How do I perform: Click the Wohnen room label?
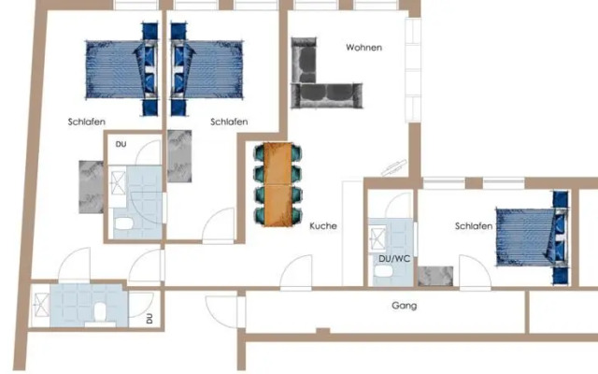point(363,48)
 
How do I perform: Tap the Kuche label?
point(323,226)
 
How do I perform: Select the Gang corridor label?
point(404,306)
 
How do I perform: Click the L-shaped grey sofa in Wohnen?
point(320,79)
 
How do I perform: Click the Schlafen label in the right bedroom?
point(474,226)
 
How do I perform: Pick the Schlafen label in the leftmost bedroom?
point(86,122)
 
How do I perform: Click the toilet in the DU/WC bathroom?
point(382,270)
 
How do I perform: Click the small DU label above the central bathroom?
point(121,145)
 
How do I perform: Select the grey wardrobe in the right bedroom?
point(435,277)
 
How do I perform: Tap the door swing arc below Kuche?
point(298,272)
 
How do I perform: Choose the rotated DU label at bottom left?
point(149,319)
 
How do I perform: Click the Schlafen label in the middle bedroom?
point(229,122)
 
